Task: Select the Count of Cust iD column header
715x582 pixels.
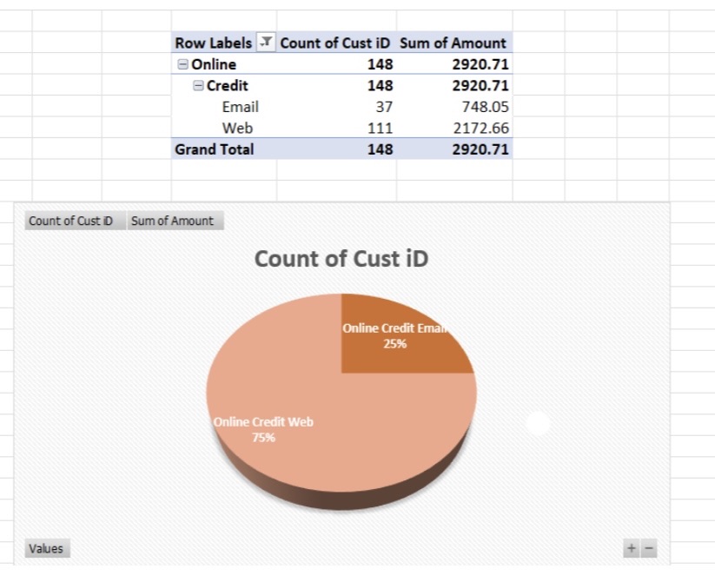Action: (x=335, y=43)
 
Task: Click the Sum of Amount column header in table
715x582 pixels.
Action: (x=453, y=43)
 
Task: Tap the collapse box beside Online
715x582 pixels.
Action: (x=182, y=64)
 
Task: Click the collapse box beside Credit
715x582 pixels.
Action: (x=198, y=85)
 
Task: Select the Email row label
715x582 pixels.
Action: (x=240, y=107)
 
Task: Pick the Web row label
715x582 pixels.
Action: (x=237, y=128)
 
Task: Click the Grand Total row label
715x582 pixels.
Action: (x=215, y=149)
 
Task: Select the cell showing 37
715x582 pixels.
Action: (x=383, y=107)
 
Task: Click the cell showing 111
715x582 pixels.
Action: (x=380, y=128)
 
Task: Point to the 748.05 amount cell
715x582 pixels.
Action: (x=486, y=107)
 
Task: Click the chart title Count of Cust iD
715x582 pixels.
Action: (x=341, y=259)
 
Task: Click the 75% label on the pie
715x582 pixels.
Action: (x=263, y=438)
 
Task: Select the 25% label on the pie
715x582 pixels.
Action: (x=395, y=343)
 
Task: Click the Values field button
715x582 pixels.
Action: (x=46, y=548)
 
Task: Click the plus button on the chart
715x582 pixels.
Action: (x=632, y=548)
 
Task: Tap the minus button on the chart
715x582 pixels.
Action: (x=648, y=548)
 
